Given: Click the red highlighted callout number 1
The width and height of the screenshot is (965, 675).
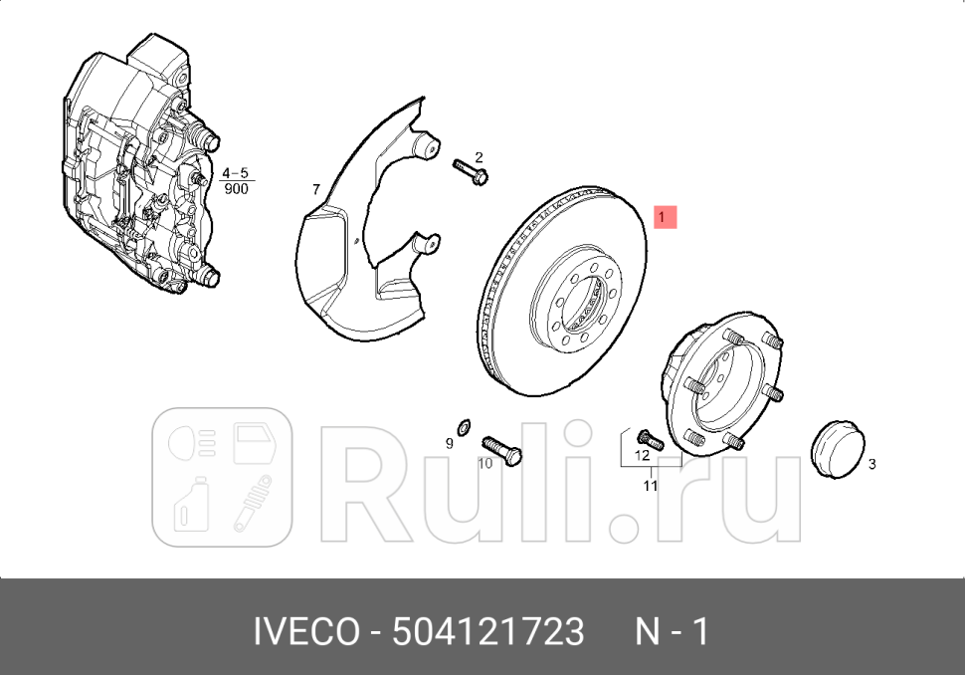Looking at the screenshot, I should pos(665,216).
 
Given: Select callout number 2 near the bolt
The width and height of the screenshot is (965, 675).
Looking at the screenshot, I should pos(478,157).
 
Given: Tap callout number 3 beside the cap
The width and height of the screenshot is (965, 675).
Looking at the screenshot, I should pos(871,464).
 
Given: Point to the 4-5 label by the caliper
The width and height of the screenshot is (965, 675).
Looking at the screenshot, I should pos(235,172).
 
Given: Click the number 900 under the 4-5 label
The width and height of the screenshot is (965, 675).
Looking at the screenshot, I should pos(236,188).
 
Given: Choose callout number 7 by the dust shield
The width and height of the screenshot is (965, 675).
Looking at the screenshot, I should pos(314,189).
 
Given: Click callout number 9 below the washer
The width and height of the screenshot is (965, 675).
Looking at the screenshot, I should pos(449,443).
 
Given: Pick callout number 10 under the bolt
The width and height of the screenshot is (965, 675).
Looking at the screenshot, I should pos(484,463).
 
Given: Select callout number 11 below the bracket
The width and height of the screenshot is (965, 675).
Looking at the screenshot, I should pos(650,486).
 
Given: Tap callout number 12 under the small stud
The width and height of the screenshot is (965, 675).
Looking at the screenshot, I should pos(642,455).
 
